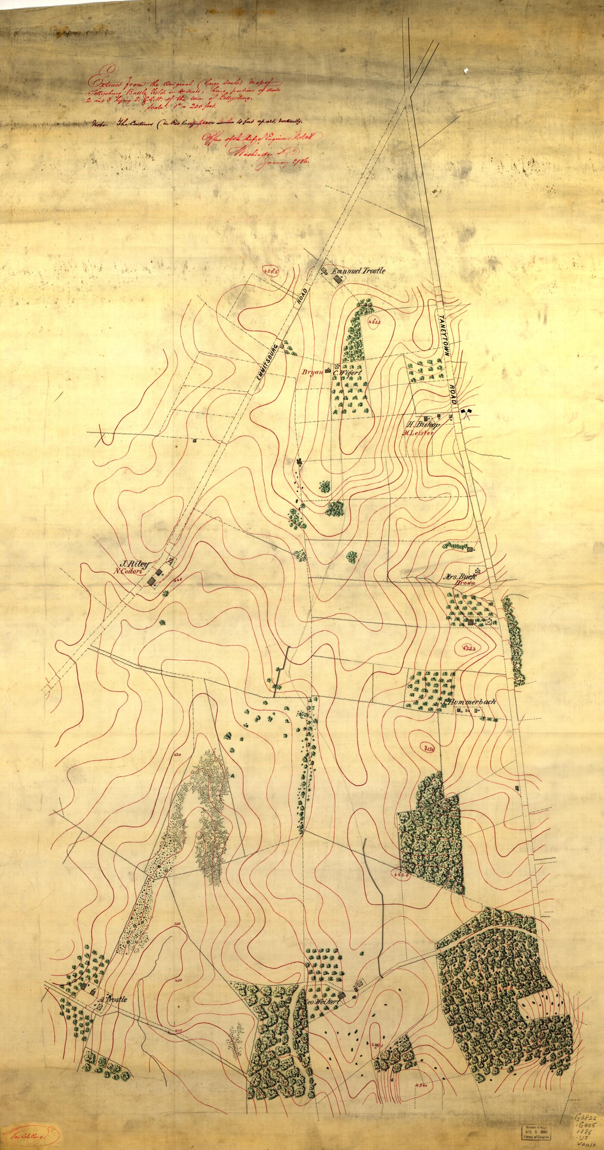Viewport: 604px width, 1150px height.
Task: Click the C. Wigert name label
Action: (350, 372)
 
